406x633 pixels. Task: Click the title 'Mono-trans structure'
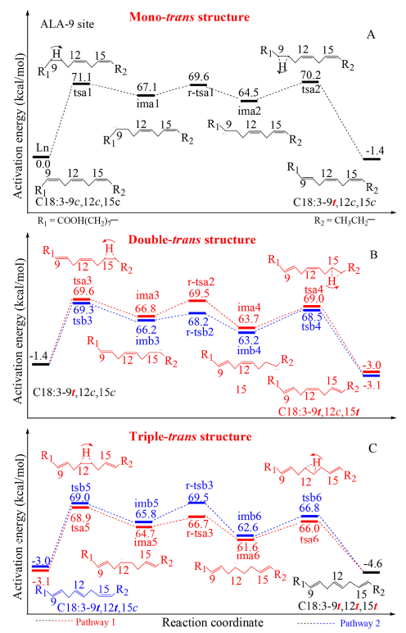coord(189,17)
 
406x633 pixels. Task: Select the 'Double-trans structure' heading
coord(192,239)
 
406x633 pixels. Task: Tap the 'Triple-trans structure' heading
coord(190,436)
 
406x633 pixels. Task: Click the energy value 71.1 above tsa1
coord(81,77)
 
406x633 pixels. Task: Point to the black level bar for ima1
coord(146,95)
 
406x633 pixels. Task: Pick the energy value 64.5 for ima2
coord(248,93)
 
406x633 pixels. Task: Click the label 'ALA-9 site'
coord(67,24)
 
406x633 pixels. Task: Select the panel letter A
coord(371,34)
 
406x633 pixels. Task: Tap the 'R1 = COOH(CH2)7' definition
coord(78,221)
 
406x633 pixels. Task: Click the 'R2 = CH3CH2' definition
coord(345,221)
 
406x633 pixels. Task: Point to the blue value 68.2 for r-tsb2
coord(198,321)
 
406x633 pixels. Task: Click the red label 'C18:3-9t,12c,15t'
coord(318,412)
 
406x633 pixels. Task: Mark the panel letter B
coord(373,255)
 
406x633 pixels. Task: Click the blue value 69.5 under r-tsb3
coord(198,497)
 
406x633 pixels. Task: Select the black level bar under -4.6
coord(372,572)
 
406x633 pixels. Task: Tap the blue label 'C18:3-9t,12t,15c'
coord(97,607)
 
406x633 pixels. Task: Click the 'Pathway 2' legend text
coord(360,623)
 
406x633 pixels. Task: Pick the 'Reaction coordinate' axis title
coord(213,622)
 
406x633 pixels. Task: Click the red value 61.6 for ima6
coord(247,547)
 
